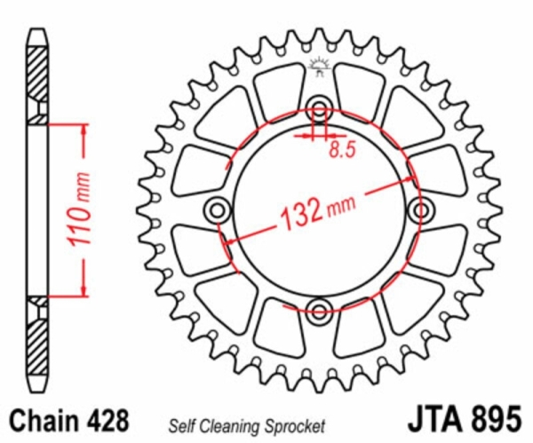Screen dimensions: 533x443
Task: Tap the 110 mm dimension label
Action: point(80,210)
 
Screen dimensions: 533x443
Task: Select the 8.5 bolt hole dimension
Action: point(342,150)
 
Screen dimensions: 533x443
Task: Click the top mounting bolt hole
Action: point(319,109)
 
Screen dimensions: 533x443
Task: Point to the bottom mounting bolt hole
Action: point(319,312)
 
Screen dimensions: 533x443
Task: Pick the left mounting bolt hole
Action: point(218,210)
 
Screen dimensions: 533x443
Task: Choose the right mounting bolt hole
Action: point(421,210)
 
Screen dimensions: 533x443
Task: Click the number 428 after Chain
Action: point(108,420)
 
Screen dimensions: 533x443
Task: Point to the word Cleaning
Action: point(232,427)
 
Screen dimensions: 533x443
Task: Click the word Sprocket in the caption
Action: point(295,427)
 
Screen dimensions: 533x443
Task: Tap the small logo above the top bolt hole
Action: point(319,67)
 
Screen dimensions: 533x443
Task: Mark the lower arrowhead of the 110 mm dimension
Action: point(84,289)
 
